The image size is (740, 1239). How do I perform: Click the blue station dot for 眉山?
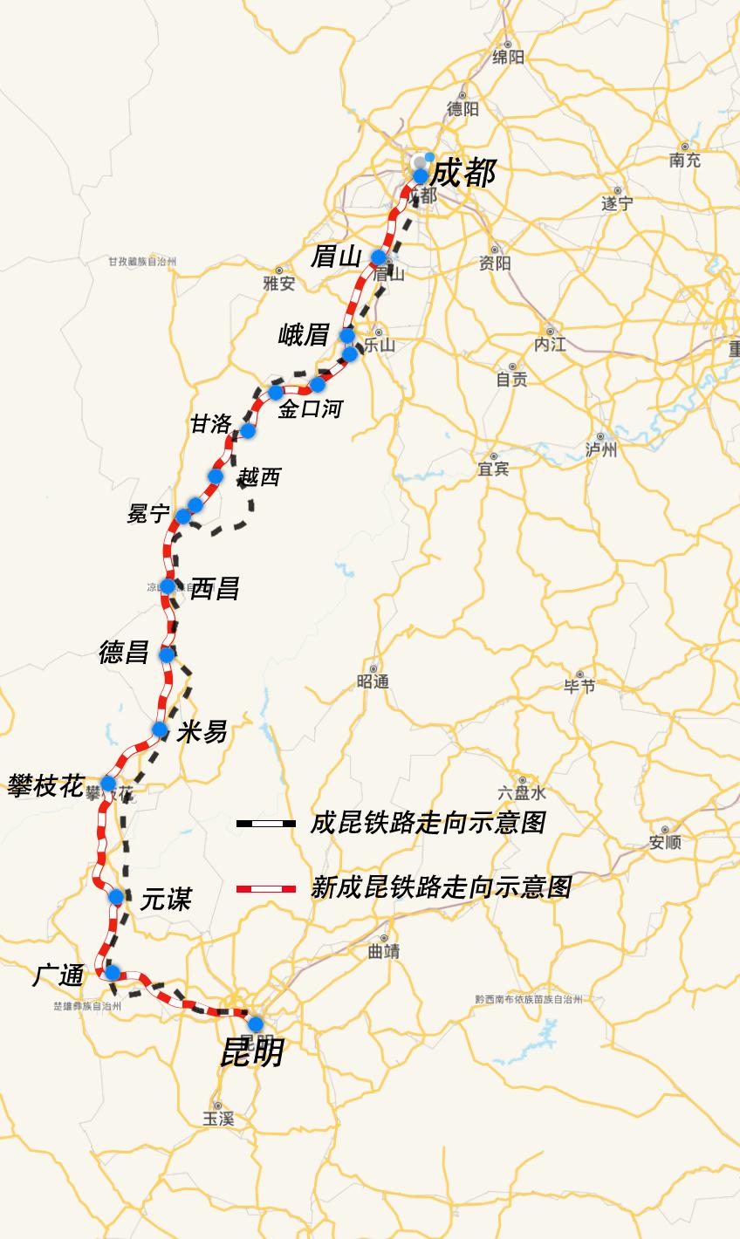coord(379,257)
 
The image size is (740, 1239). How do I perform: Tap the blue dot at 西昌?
coord(168,586)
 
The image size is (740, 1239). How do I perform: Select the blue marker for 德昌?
coord(167,654)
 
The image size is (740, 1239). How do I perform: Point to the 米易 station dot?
coord(160,729)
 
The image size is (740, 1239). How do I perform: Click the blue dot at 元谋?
coord(115,896)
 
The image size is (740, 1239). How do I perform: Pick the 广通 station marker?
coord(112,972)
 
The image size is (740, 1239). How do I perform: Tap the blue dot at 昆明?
coord(256,1023)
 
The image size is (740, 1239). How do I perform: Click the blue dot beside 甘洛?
coord(247,430)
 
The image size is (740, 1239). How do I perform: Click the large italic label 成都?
coord(463,174)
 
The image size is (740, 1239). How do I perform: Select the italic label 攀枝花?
coord(45,786)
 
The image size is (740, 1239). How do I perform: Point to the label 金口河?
coord(310,408)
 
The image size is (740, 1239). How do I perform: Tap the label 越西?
coord(259,477)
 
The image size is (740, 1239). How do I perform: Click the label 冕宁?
coord(148,514)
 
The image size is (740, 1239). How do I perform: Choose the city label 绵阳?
coord(509,58)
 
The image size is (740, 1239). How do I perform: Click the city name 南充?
coord(685,160)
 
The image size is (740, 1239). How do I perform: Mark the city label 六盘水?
coord(522,793)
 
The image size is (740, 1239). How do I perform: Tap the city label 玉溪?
coord(219,1119)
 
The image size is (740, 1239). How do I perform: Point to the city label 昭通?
coord(373,681)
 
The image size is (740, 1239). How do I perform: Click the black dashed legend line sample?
coord(265,823)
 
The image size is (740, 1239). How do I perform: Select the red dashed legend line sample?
coord(265,888)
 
